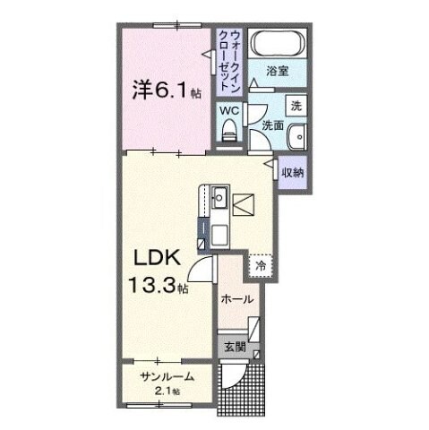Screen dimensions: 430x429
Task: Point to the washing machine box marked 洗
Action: pos(296,104)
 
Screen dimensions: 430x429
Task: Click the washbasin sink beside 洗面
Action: pos(297,137)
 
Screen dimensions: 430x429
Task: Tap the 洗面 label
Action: pos(272,127)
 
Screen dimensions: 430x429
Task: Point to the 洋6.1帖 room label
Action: pos(162,90)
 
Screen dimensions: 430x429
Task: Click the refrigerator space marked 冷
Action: pos(261,265)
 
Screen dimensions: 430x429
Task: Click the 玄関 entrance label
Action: pos(230,345)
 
